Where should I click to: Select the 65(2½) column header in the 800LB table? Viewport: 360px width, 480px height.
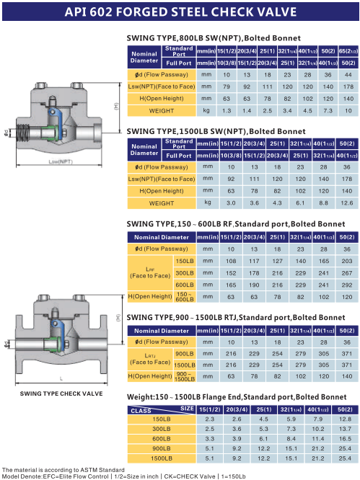(348, 51)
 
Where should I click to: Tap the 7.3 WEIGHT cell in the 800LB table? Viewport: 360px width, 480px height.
(328, 110)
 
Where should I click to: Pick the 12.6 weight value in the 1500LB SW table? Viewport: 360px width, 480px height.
(347, 203)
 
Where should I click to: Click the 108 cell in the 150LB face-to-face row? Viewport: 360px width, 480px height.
(231, 261)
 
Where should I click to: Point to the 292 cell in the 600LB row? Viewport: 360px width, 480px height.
(347, 285)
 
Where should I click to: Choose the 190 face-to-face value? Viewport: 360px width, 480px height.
(254, 285)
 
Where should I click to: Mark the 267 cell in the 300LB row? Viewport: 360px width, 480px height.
(347, 273)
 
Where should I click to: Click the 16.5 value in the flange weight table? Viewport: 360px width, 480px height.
(345, 439)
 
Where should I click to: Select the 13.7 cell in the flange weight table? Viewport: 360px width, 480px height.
(345, 429)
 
